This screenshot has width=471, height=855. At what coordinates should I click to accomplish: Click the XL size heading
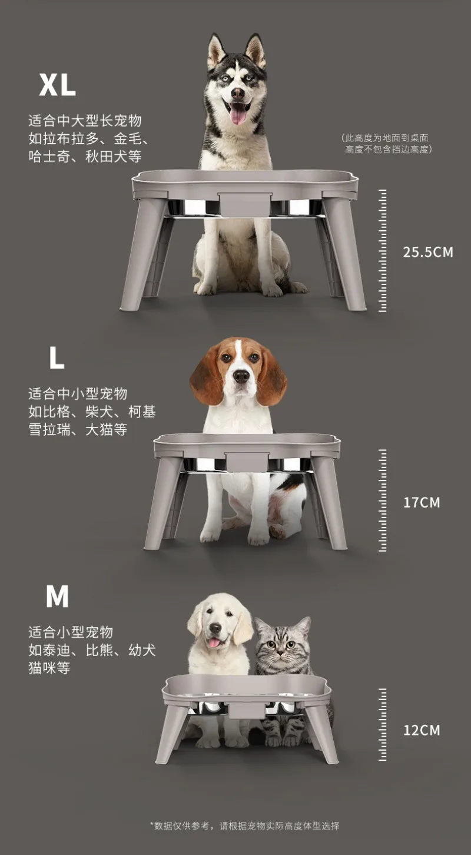click(x=57, y=85)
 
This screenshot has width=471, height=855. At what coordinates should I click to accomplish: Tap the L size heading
click(x=57, y=357)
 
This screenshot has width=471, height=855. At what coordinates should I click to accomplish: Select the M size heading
click(x=57, y=596)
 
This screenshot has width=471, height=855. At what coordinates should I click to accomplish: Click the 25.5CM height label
click(x=428, y=252)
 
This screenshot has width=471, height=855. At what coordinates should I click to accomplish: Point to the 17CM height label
click(x=422, y=502)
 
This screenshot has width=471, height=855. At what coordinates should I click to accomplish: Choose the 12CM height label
click(x=422, y=730)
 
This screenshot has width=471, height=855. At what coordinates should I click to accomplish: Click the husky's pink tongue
click(x=238, y=113)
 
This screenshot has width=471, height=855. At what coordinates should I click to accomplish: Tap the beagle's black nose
click(x=241, y=376)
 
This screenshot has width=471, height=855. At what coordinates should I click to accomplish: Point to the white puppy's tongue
click(x=214, y=643)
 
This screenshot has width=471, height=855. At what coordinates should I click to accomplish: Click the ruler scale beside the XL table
click(x=382, y=251)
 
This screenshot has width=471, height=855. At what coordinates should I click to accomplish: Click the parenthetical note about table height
click(x=387, y=144)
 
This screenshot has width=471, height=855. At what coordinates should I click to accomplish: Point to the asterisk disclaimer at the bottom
click(x=245, y=826)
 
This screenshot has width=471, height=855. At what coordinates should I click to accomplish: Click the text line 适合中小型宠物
click(x=78, y=393)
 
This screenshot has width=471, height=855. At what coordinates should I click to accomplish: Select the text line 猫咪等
click(x=49, y=668)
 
